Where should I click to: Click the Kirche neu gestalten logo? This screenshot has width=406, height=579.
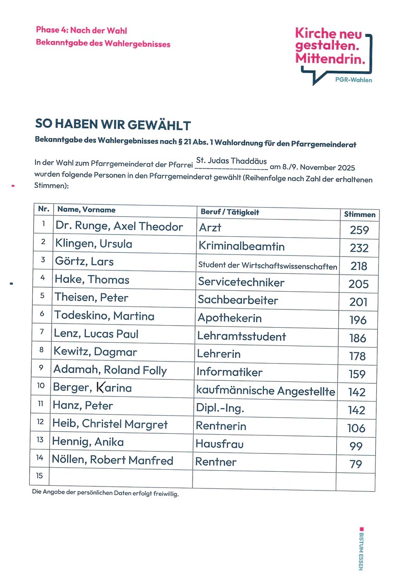(x=334, y=54)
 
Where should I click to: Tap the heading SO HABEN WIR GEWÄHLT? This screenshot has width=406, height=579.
(x=112, y=125)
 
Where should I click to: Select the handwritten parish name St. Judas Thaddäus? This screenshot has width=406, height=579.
(x=231, y=161)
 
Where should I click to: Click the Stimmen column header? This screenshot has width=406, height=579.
(x=359, y=214)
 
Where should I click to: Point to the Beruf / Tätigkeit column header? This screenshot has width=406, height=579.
(x=230, y=212)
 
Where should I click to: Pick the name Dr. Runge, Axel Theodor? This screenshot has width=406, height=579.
(x=119, y=227)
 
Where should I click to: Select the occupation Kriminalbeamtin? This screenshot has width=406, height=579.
(x=241, y=246)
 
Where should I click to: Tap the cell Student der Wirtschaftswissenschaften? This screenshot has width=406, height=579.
(x=268, y=265)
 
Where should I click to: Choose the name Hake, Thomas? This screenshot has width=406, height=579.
(x=92, y=280)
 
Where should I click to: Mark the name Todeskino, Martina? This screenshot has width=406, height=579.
(x=104, y=316)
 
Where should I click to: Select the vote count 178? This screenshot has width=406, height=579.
(x=358, y=356)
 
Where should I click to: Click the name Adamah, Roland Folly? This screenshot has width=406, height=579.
(x=110, y=370)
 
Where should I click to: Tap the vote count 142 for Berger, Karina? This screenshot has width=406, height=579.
(x=357, y=392)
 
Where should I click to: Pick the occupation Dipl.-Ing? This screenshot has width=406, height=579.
(x=220, y=408)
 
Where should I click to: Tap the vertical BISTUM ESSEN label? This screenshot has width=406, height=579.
(x=361, y=549)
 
